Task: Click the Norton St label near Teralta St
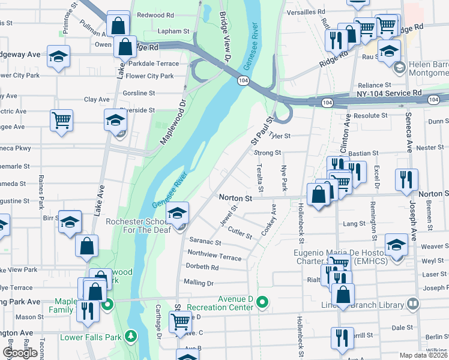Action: (234, 197)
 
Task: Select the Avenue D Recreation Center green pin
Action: (261, 302)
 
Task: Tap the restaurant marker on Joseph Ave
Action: (406, 179)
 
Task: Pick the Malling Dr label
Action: (199, 282)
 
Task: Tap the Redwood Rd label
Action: (155, 15)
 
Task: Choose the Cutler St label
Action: (240, 232)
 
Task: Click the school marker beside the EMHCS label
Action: (396, 245)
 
